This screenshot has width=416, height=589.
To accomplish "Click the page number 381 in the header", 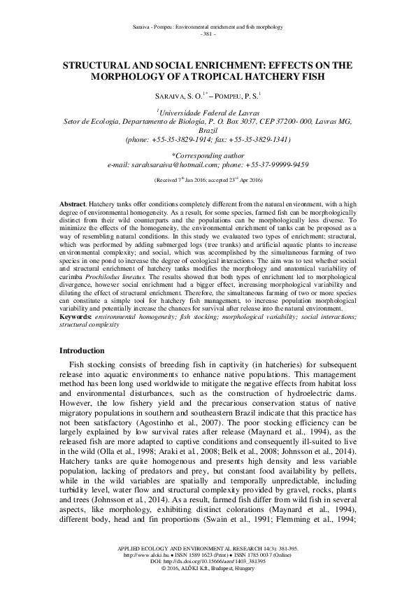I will pyautogui.click(x=208, y=33).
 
